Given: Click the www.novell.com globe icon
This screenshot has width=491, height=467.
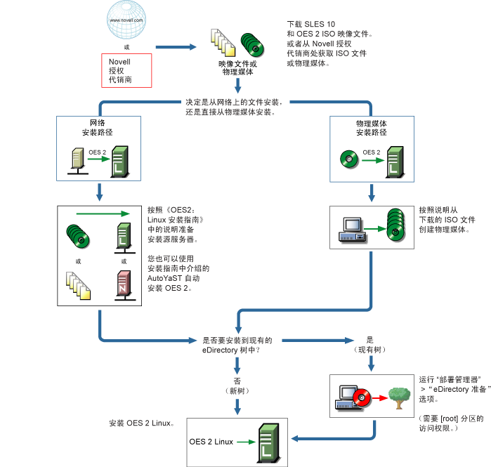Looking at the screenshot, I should (126, 22).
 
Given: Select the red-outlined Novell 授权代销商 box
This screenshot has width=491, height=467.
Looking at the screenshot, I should (126, 71).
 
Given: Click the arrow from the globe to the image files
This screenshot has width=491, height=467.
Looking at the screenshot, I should (178, 47).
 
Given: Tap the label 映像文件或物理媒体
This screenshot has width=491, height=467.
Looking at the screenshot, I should (238, 67).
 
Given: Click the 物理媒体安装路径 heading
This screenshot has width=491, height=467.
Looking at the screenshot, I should (370, 127).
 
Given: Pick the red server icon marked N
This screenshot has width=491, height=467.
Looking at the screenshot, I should (123, 289).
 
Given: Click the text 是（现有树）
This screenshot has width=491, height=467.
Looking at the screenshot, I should (370, 345).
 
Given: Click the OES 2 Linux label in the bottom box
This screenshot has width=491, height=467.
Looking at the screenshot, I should (211, 441).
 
